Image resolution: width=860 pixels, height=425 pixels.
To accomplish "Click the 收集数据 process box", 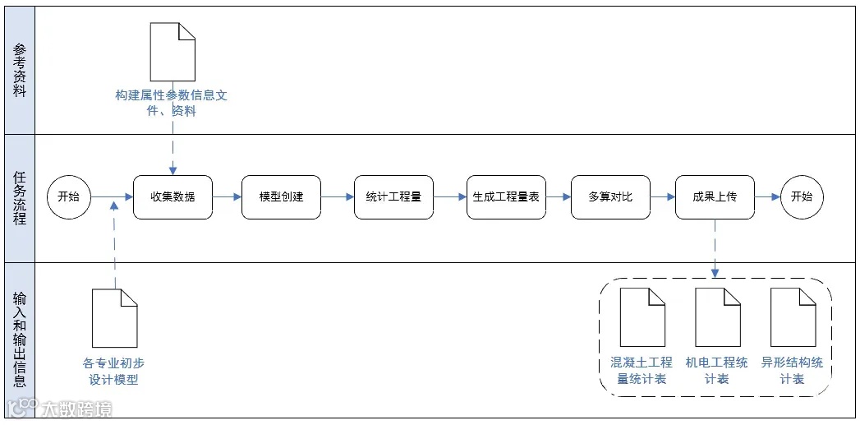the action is pyautogui.click(x=172, y=197).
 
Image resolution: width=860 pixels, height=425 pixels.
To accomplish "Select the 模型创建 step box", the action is pyautogui.click(x=281, y=197).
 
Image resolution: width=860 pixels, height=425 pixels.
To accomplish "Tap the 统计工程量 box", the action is pyautogui.click(x=393, y=197).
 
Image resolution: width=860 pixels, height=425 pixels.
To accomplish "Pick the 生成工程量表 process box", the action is pyautogui.click(x=506, y=197).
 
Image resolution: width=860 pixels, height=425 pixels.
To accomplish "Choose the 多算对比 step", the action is pyautogui.click(x=610, y=197).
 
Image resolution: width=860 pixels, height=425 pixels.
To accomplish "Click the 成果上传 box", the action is pyautogui.click(x=715, y=197).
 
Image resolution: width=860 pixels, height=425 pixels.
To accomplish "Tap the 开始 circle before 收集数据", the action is pyautogui.click(x=69, y=197).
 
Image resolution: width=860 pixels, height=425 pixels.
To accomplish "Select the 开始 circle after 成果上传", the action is pyautogui.click(x=801, y=197).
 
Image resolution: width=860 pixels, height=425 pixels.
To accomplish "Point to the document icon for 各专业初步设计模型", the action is pyautogui.click(x=114, y=318).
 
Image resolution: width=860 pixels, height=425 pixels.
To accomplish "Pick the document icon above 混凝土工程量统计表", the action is pyautogui.click(x=642, y=317).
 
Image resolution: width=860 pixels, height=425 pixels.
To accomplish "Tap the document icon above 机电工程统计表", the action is pyautogui.click(x=718, y=317).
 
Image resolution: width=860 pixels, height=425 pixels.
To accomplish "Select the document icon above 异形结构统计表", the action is pyautogui.click(x=793, y=317).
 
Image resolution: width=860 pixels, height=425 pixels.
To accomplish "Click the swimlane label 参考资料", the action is pyautogui.click(x=20, y=71).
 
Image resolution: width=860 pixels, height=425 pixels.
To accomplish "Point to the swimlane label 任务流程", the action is pyautogui.click(x=20, y=198).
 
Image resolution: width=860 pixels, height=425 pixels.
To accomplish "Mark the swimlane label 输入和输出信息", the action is pyautogui.click(x=20, y=339).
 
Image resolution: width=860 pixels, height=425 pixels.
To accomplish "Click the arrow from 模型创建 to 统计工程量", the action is pyautogui.click(x=337, y=197).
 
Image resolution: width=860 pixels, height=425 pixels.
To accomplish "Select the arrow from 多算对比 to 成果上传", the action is pyautogui.click(x=662, y=197).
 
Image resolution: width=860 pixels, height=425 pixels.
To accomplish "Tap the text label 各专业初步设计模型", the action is pyautogui.click(x=114, y=371).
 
